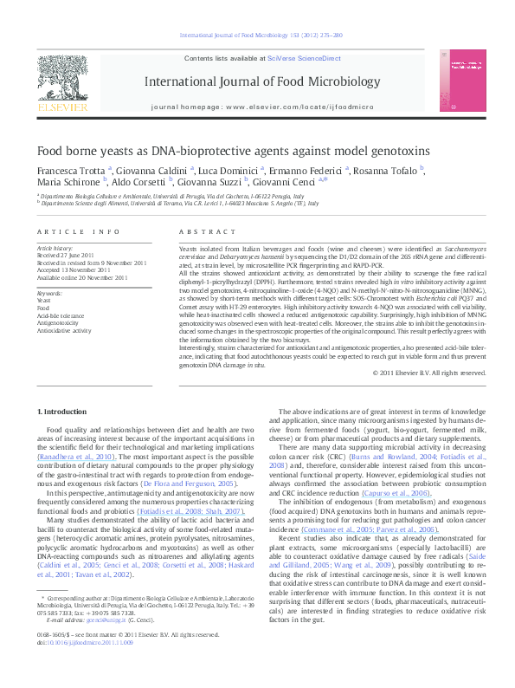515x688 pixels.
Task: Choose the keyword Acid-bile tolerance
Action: [61, 316]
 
